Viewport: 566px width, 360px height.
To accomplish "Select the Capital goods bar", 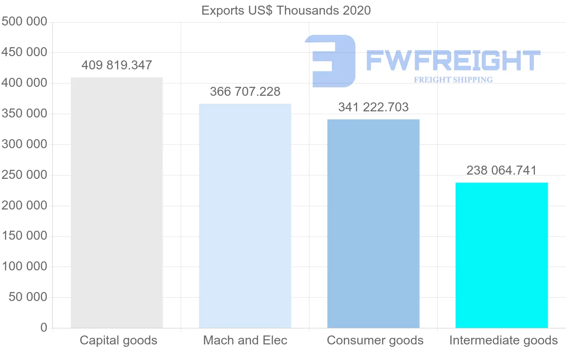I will pyautogui.click(x=117, y=202).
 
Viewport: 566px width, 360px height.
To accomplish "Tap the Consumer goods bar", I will pyautogui.click(x=373, y=224).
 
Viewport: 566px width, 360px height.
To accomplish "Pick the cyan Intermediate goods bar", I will pyautogui.click(x=501, y=255).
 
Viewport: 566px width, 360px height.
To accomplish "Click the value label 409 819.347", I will pyautogui.click(x=117, y=65).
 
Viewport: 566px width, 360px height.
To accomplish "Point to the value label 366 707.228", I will pyautogui.click(x=245, y=92).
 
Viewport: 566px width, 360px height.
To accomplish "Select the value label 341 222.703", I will pyautogui.click(x=373, y=107).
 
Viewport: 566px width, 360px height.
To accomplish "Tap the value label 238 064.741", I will pyautogui.click(x=501, y=170).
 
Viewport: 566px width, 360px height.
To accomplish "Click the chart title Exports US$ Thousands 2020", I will pyautogui.click(x=286, y=10).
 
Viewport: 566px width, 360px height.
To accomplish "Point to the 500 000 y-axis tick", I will pyautogui.click(x=25, y=22).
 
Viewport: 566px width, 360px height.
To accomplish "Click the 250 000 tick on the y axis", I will pyautogui.click(x=25, y=175).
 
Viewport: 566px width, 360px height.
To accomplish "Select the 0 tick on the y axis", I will pyautogui.click(x=44, y=327).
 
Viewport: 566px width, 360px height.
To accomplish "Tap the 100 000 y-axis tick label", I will pyautogui.click(x=25, y=267).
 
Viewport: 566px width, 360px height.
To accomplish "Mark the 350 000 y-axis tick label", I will pyautogui.click(x=25, y=114).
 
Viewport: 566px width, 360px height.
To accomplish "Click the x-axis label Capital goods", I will pyautogui.click(x=118, y=340).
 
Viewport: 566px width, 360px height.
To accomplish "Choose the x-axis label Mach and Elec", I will pyautogui.click(x=245, y=340).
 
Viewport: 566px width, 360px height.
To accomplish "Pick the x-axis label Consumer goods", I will pyautogui.click(x=375, y=340).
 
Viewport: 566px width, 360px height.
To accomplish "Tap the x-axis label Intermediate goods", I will pyautogui.click(x=503, y=340).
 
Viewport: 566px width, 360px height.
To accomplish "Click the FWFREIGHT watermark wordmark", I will pyautogui.click(x=453, y=60).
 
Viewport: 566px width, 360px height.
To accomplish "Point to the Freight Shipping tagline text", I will pyautogui.click(x=453, y=80).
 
